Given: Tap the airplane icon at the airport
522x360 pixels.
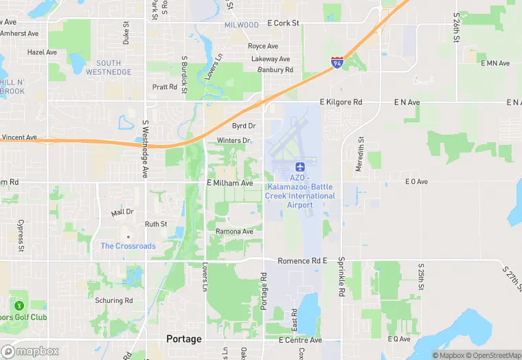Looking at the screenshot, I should [x=299, y=167].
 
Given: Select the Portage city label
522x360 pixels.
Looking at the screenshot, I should [x=184, y=339].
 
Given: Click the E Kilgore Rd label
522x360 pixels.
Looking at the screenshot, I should [x=341, y=102].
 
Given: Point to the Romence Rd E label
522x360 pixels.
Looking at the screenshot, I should [x=302, y=261].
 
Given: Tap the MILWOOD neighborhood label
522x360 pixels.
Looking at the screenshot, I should [x=242, y=25].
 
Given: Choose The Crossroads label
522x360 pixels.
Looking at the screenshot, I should [x=128, y=246].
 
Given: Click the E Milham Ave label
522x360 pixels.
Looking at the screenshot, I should [x=230, y=183].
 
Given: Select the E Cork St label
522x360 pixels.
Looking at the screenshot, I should [x=283, y=23].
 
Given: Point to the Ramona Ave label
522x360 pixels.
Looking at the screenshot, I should [x=234, y=232].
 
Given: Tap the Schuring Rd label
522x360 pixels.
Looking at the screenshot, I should [x=113, y=300].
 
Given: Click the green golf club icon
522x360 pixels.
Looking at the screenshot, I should [x=19, y=304].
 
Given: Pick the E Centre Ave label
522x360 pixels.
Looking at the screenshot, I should [x=300, y=340].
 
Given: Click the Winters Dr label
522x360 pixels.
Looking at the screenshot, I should [x=234, y=141].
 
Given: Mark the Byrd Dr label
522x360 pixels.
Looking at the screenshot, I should [x=243, y=126].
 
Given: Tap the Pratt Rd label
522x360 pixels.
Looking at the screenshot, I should [x=165, y=87].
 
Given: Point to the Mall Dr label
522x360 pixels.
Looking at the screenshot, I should [x=122, y=212].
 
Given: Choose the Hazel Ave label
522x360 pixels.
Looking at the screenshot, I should [x=42, y=52].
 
